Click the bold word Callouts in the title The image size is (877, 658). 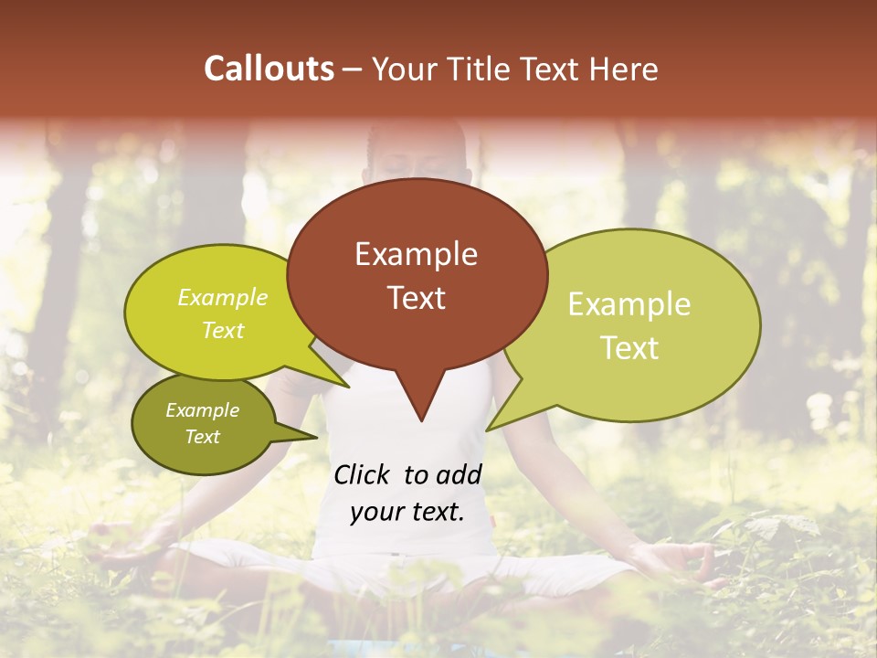(x=269, y=69)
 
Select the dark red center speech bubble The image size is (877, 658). (x=417, y=274)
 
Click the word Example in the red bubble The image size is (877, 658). (x=416, y=254)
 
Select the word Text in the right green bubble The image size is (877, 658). (x=629, y=348)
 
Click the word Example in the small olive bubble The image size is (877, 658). (x=202, y=410)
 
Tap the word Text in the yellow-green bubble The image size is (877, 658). (x=223, y=331)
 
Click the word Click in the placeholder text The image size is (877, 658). (x=362, y=474)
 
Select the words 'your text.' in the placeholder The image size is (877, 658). (x=407, y=512)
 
